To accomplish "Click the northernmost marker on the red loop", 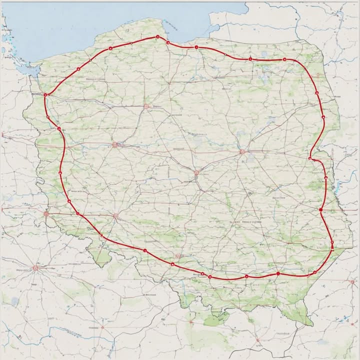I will (x=157, y=37).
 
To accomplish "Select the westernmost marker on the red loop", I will (x=45, y=94).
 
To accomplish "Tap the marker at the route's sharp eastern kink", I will (x=310, y=158).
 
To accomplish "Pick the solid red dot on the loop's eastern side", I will (x=321, y=210).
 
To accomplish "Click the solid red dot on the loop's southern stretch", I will (x=278, y=274).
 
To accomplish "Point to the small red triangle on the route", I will (x=202, y=273).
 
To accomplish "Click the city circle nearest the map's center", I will (x=196, y=173).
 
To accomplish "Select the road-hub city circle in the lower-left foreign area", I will (x=35, y=268).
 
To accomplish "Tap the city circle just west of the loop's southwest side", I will (x=46, y=214).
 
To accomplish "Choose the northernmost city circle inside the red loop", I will (x=146, y=106).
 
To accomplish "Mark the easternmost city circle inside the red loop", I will (x=242, y=151).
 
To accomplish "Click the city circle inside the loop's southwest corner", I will (x=115, y=216).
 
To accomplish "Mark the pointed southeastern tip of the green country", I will (x=311, y=324).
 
